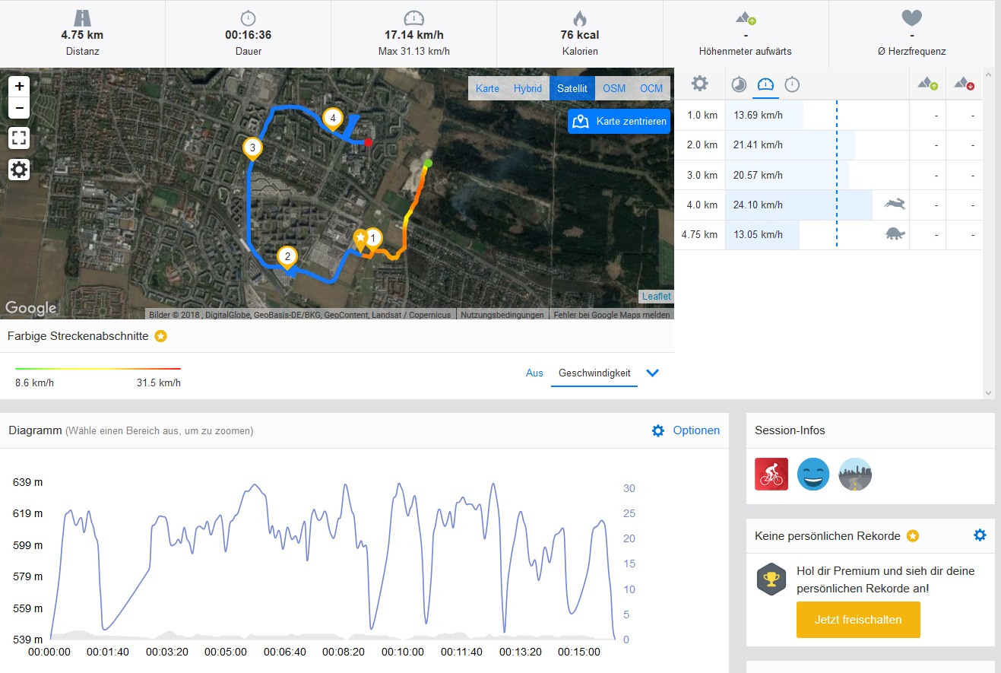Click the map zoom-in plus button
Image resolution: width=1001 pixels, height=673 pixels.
click(19, 86)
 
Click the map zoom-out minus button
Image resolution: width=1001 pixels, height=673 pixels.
click(19, 108)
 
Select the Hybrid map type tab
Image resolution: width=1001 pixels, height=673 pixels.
click(527, 88)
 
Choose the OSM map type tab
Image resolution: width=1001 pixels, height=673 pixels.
click(614, 88)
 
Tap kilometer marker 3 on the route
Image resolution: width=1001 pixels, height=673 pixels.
click(253, 148)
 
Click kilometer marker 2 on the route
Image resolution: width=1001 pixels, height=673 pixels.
click(287, 256)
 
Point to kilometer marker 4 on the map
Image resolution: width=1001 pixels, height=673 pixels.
click(332, 118)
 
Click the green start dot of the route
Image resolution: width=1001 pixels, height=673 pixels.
click(428, 163)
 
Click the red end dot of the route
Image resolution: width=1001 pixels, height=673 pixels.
click(368, 142)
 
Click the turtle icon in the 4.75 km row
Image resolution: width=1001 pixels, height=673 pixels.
click(895, 234)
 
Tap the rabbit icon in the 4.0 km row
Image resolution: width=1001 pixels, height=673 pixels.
click(895, 204)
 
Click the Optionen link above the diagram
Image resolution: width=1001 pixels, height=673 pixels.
click(695, 430)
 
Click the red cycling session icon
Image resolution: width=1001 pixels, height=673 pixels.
click(771, 474)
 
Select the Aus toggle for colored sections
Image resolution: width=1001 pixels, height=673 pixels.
click(534, 373)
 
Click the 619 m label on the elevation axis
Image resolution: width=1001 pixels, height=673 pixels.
click(28, 514)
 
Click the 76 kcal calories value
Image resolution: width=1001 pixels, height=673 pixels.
click(579, 35)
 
